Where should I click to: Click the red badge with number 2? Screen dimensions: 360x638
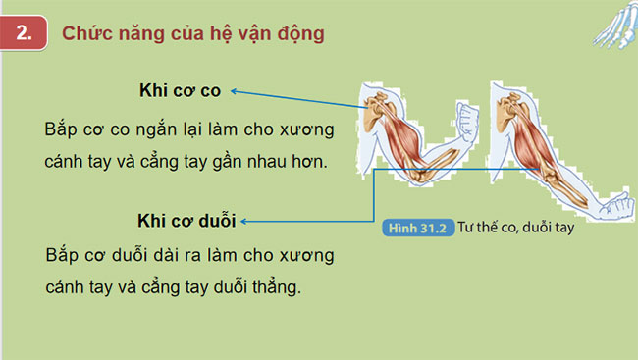27,33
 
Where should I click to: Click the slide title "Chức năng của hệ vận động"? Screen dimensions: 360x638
192,33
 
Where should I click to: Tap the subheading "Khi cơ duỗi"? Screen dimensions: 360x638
186,219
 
